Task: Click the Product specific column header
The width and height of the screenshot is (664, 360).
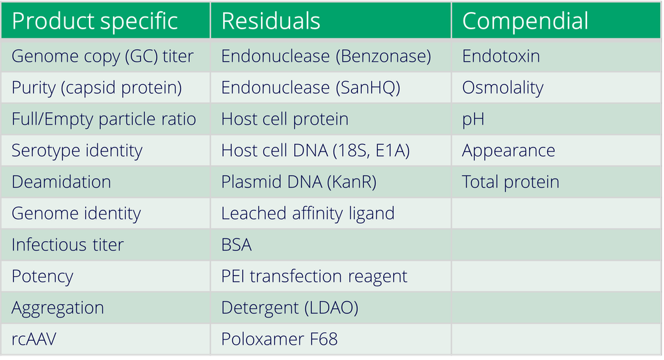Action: (95, 21)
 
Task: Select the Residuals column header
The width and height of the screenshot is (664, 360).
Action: (271, 21)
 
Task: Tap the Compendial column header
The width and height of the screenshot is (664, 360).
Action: (525, 21)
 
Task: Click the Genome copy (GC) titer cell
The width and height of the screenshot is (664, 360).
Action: (103, 56)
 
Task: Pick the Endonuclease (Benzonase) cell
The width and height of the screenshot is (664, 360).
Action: (326, 56)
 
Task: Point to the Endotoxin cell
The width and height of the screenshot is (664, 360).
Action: (501, 56)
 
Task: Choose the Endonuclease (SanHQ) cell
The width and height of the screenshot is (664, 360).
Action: (312, 88)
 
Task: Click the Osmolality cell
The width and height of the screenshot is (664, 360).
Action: (503, 88)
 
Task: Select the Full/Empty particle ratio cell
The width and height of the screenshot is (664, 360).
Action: (104, 119)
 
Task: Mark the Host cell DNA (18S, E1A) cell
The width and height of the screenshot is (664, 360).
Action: (315, 151)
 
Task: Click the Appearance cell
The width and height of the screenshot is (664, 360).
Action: (509, 151)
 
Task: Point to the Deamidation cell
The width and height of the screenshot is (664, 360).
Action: (61, 182)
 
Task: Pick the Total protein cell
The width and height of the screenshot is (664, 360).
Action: (511, 182)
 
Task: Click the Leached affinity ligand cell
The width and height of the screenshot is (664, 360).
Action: (308, 213)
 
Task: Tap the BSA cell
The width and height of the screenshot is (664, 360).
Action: (236, 244)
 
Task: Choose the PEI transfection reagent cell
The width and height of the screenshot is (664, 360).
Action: (314, 276)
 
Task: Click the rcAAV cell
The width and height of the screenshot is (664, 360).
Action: (34, 339)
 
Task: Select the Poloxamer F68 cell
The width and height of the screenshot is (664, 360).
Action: (280, 339)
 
